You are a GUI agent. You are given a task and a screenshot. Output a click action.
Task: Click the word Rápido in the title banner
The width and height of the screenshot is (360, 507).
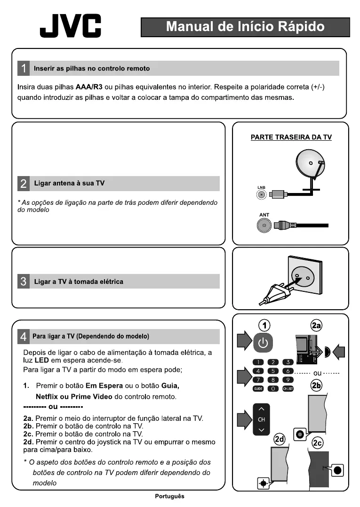301,27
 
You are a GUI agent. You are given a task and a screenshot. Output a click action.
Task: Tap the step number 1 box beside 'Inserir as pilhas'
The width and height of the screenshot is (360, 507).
24,68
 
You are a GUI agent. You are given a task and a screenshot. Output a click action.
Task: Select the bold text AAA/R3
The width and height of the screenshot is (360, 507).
89,88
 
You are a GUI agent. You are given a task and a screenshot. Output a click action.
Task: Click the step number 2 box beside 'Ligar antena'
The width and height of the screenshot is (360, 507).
24,183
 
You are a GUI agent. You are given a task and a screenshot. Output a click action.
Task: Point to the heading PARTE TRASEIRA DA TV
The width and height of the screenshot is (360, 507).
291,137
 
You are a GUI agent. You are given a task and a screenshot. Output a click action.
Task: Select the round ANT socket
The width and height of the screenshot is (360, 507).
264,226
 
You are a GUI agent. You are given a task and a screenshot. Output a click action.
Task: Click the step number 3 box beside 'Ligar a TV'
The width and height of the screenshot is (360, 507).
24,282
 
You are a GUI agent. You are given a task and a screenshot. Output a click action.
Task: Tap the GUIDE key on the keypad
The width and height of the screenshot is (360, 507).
258,389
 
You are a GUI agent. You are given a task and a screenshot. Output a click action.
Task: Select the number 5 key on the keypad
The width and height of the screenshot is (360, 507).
273,371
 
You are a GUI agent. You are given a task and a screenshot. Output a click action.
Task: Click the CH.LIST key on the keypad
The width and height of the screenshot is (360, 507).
288,389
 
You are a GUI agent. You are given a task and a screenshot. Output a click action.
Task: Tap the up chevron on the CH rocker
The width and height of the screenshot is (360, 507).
262,408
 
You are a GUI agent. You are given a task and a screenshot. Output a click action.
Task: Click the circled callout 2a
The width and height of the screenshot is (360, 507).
316,325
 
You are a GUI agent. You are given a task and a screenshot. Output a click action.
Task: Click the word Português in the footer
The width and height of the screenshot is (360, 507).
170,496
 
